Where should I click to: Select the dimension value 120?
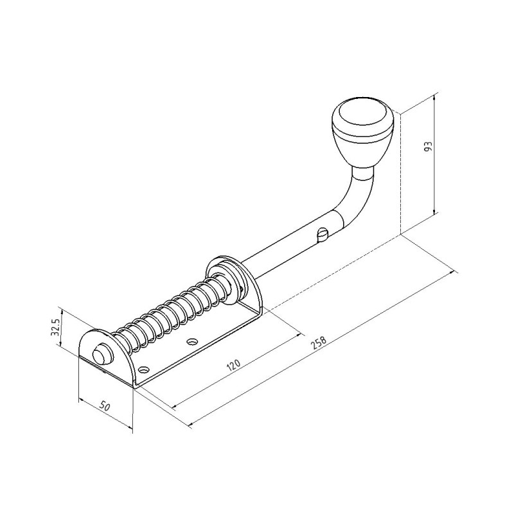[x=234, y=366]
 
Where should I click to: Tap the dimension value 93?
[x=429, y=146]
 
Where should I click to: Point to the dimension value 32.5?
[x=55, y=327]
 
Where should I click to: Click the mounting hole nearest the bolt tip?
[x=143, y=370]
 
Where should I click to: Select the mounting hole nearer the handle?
[x=191, y=341]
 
